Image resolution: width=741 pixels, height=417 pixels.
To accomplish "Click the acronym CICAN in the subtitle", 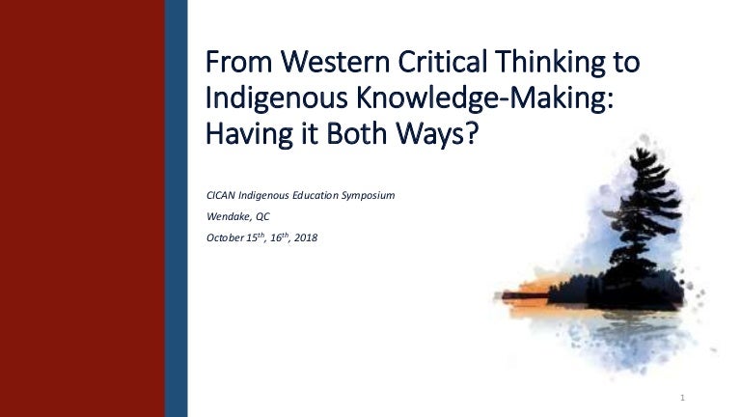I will [x=221, y=196].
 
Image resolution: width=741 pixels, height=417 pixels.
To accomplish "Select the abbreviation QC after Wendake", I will [x=262, y=217].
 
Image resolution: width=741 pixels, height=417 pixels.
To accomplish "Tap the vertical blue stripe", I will [x=175, y=208].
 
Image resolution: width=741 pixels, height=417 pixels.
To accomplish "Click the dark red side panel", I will [x=82, y=208].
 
